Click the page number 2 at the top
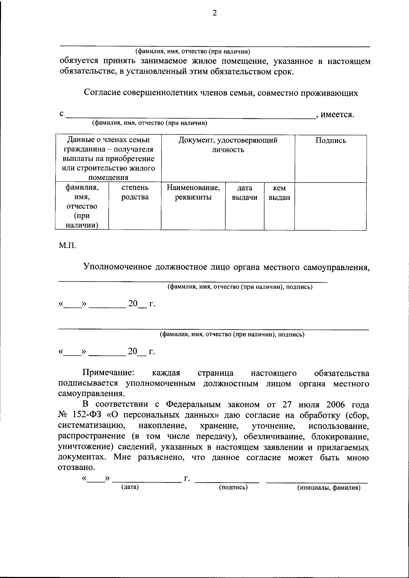click(214, 13)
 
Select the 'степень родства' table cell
click(135, 192)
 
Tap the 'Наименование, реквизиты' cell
click(193, 192)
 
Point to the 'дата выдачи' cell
click(244, 193)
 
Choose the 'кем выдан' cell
click(279, 193)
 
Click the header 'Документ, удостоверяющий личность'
click(228, 145)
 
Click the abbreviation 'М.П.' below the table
click(66, 245)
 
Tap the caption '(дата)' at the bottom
click(130, 487)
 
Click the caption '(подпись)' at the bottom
click(233, 487)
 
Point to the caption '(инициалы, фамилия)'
click(329, 488)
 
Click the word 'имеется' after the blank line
click(337, 114)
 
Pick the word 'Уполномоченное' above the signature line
click(117, 267)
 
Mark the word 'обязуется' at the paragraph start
click(79, 61)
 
